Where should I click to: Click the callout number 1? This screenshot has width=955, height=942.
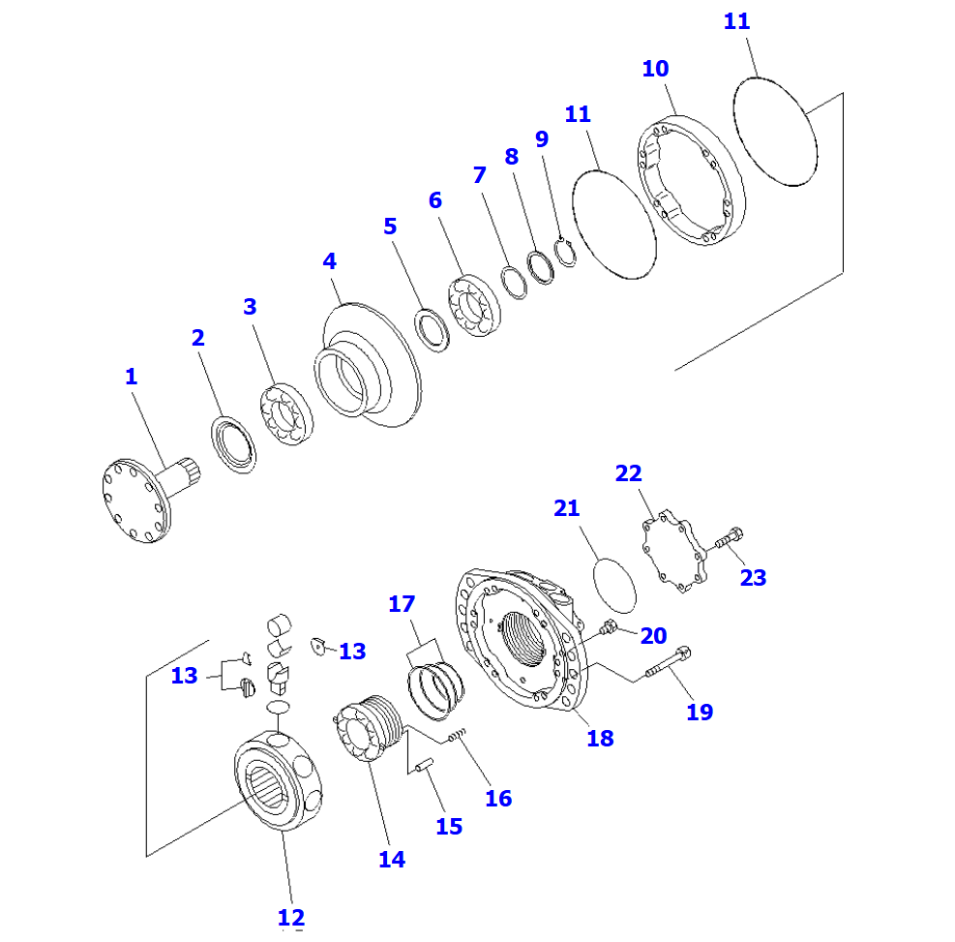tap(131, 378)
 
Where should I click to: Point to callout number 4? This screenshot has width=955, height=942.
tap(330, 261)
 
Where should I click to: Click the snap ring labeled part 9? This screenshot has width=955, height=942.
tap(566, 251)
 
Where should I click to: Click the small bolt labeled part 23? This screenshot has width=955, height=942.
tap(728, 539)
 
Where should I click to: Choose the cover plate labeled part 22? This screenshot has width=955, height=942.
tap(675, 553)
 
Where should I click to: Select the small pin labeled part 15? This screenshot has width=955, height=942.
tap(423, 768)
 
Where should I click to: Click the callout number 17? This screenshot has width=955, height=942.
tap(402, 605)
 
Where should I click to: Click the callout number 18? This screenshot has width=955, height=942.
tap(600, 739)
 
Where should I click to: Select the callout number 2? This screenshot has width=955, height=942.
tap(197, 339)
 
